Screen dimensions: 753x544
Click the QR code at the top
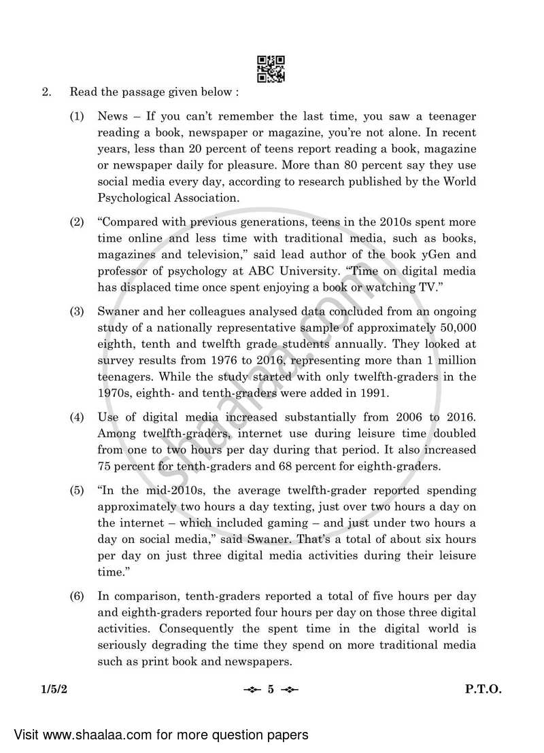(271, 68)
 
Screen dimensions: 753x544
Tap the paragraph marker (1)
(77, 117)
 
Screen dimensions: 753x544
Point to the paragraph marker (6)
(77, 596)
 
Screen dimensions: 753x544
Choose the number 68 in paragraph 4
(322, 466)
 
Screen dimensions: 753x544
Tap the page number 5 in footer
(271, 689)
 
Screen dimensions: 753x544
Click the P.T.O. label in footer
(483, 689)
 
